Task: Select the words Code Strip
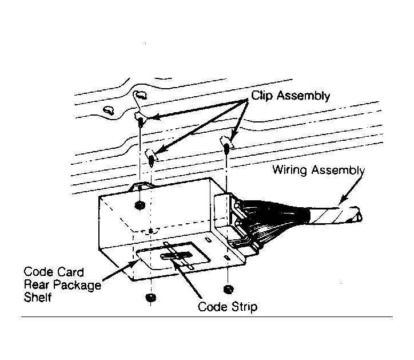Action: point(227,307)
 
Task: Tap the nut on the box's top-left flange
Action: point(139,205)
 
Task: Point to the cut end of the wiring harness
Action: point(358,217)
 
